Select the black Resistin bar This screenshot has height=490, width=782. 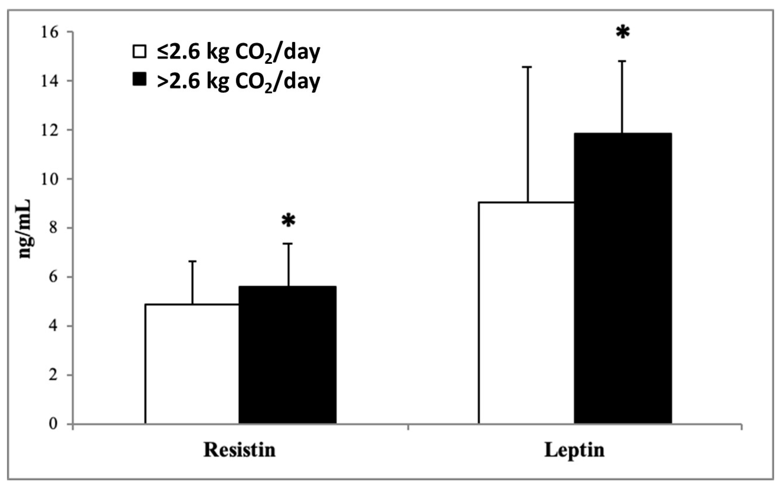point(287,355)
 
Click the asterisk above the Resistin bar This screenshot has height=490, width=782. point(288,221)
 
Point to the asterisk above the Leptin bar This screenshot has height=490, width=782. point(623,33)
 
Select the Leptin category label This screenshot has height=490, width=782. point(574,450)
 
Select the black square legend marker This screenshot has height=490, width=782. point(140,79)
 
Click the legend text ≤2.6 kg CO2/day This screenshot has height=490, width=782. point(238,52)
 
